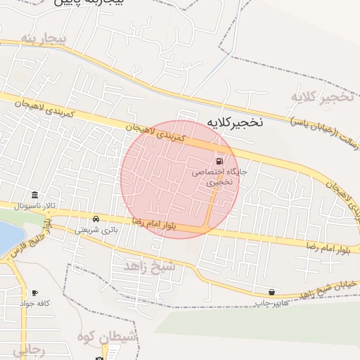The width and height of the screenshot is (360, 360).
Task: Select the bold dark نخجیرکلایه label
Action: [234, 122]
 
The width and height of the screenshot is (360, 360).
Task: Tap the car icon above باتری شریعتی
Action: [96, 219]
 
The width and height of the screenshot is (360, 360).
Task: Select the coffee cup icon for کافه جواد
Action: [34, 292]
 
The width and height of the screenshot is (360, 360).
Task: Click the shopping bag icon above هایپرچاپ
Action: [271, 292]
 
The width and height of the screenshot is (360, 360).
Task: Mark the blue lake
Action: [6, 238]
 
